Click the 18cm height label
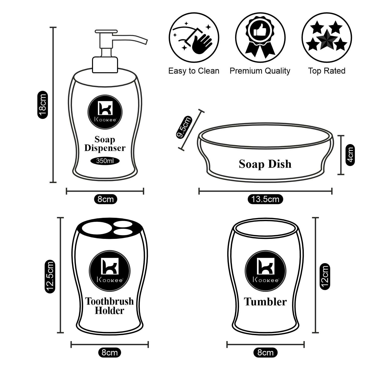pyautogui.click(x=42, y=105)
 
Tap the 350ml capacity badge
pyautogui.click(x=105, y=161)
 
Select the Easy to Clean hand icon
pyautogui.click(x=194, y=38)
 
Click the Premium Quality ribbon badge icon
pyautogui.click(x=260, y=38)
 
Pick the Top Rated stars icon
pyautogui.click(x=327, y=38)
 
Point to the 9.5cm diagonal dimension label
pyautogui.click(x=184, y=127)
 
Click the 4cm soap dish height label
pyautogui.click(x=350, y=155)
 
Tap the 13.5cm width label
pyautogui.click(x=265, y=199)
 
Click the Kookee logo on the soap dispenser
pyautogui.click(x=105, y=112)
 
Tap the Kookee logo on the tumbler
pyautogui.click(x=265, y=271)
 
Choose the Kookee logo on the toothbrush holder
pyautogui.click(x=110, y=271)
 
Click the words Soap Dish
pyautogui.click(x=265, y=164)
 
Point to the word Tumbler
pyautogui.click(x=265, y=302)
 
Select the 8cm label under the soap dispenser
pyautogui.click(x=106, y=199)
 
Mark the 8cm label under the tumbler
pyautogui.click(x=265, y=352)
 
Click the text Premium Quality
pyautogui.click(x=260, y=71)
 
